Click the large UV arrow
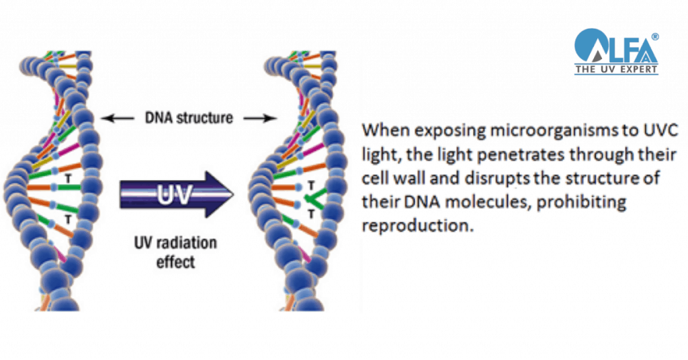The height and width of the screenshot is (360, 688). click(177, 195)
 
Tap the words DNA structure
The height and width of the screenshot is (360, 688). click(189, 118)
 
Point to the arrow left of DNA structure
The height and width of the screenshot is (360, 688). click(118, 118)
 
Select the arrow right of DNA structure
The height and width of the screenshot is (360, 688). click(260, 118)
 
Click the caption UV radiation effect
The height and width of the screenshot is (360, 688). click(175, 252)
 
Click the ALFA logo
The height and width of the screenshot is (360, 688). click(617, 51)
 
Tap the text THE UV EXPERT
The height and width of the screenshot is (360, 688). click(617, 69)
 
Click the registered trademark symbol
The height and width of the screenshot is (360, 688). click(654, 37)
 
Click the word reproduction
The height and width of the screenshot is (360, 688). click(418, 226)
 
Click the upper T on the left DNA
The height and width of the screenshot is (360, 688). click(68, 179)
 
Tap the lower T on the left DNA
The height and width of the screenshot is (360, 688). click(68, 219)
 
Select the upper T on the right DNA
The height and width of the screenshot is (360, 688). click(311, 185)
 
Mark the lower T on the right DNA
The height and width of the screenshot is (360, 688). click(311, 214)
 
